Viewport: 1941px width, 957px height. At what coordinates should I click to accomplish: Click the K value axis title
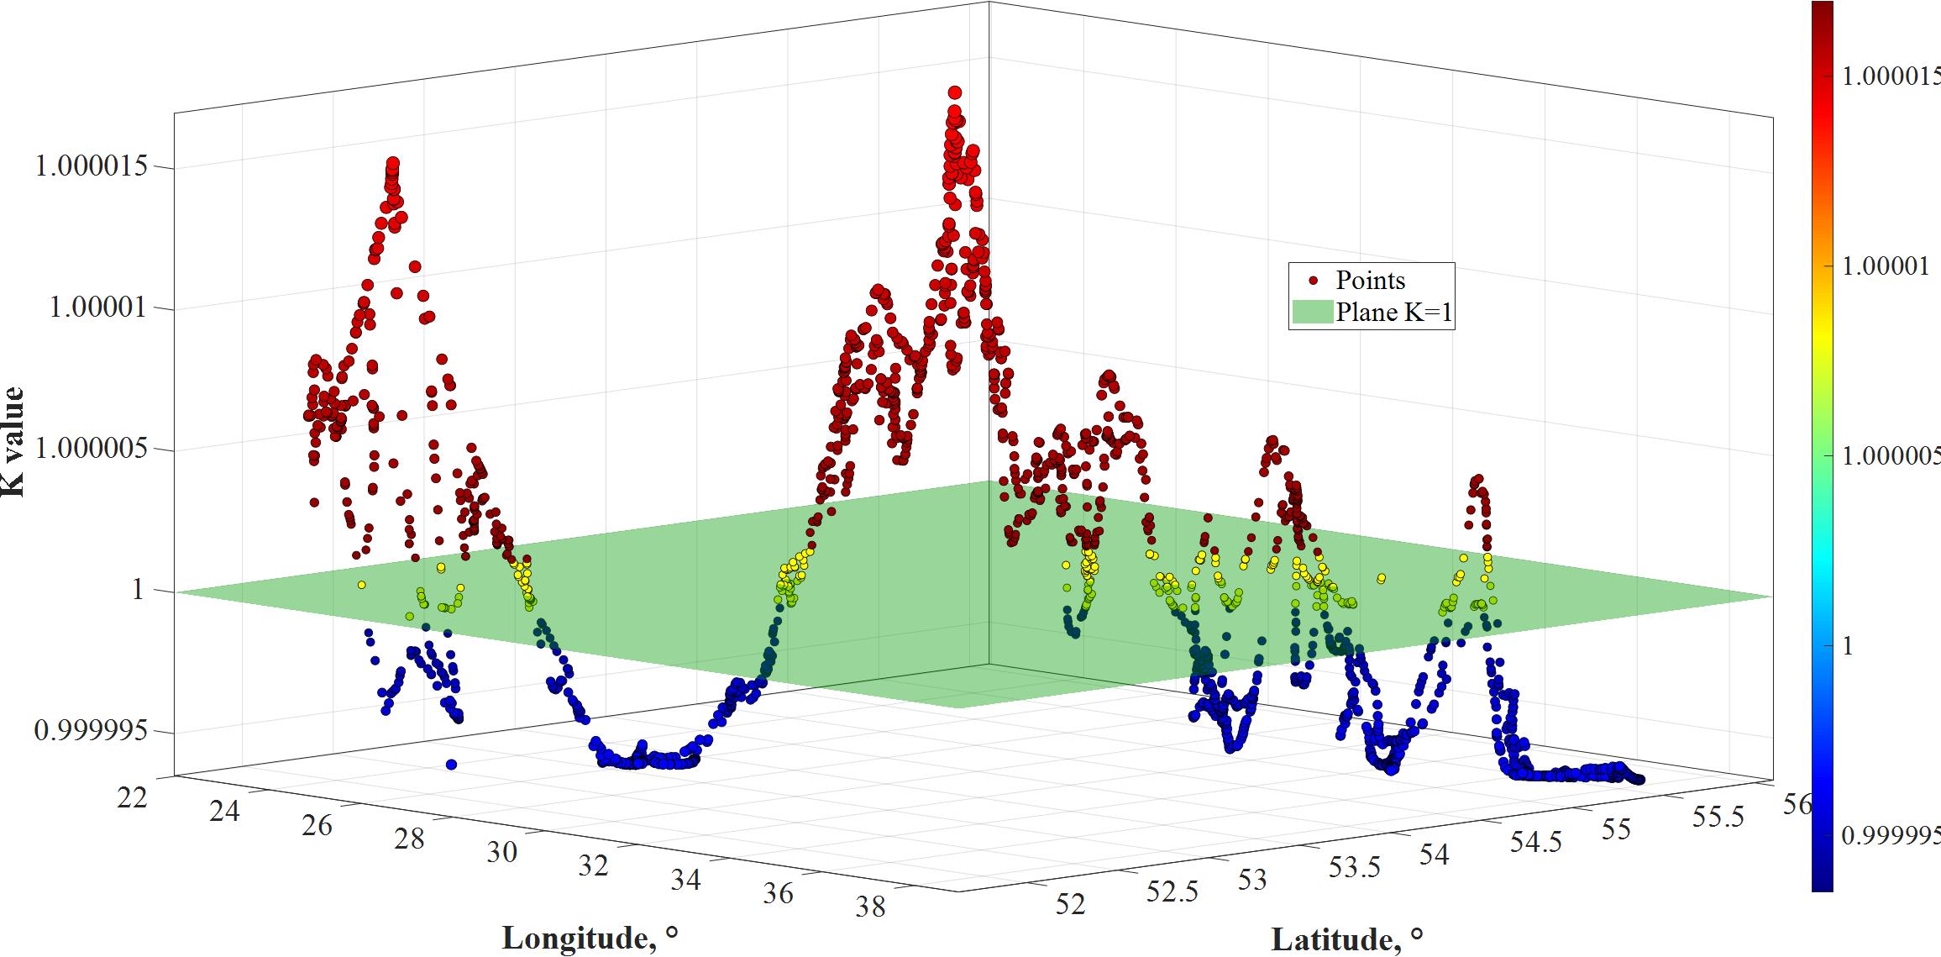(x=14, y=442)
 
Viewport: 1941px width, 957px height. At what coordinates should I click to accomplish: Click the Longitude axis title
(x=590, y=938)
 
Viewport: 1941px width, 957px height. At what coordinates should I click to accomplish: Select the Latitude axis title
(x=1347, y=939)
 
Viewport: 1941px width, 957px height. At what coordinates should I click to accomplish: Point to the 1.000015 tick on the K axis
(x=92, y=166)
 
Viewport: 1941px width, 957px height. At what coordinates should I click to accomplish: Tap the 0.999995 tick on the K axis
(x=92, y=730)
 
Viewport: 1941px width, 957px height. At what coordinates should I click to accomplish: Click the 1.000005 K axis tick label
(x=92, y=449)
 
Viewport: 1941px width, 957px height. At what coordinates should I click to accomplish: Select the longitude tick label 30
(x=501, y=852)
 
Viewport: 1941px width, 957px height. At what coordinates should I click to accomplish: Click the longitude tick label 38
(x=870, y=907)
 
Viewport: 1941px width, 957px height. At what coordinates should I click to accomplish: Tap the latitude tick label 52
(x=1071, y=904)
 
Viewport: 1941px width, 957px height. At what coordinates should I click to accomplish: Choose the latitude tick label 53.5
(x=1354, y=868)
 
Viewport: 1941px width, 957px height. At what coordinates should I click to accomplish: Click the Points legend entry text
(x=1371, y=280)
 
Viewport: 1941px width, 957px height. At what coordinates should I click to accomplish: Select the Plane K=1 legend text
(x=1394, y=313)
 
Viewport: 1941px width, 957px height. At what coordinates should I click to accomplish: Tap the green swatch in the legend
(x=1312, y=312)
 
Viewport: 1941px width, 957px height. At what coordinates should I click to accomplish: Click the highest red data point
(x=955, y=92)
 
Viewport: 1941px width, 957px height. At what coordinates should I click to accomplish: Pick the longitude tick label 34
(x=686, y=879)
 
